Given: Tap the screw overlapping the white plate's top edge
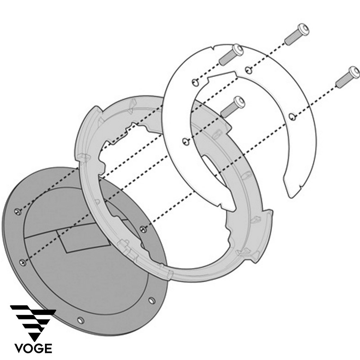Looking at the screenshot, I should [x=231, y=53].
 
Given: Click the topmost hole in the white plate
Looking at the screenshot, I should [x=247, y=68].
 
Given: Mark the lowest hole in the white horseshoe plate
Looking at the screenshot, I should [x=184, y=142].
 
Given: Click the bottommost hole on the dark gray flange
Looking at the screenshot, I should [x=81, y=320].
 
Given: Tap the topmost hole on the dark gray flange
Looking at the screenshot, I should [x=18, y=211].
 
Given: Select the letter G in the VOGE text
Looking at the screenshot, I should [x=37, y=349].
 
